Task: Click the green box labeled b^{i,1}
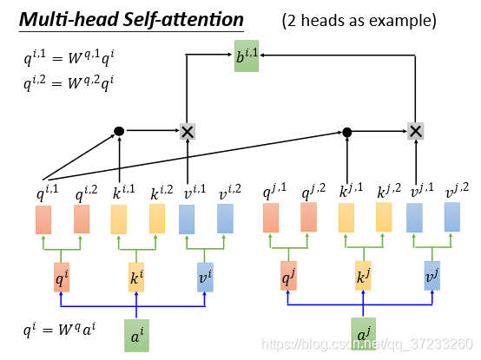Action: click(247, 56)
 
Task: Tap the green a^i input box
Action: click(136, 336)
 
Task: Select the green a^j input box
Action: click(363, 334)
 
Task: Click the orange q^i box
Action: click(62, 278)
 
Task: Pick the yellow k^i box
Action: click(136, 278)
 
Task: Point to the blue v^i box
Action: click(205, 278)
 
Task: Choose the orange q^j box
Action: click(288, 276)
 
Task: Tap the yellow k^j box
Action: click(363, 276)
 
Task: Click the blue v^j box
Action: click(432, 276)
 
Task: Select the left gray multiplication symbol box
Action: click(188, 132)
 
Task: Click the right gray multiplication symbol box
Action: click(415, 131)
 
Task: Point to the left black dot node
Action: click(119, 131)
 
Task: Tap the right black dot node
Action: click(347, 133)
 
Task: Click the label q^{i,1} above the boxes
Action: click(47, 192)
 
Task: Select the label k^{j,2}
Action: click(389, 191)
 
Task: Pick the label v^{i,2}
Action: click(230, 192)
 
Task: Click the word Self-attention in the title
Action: click(183, 20)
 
